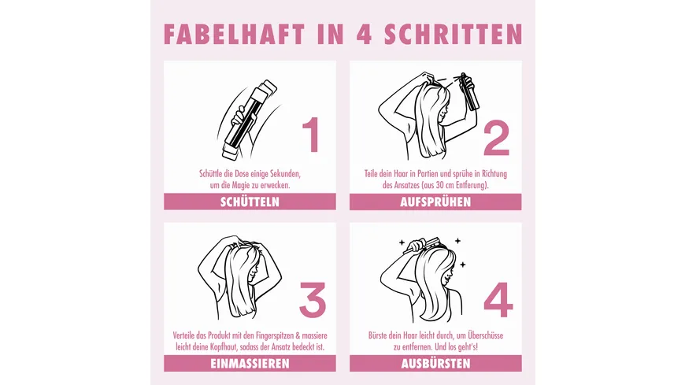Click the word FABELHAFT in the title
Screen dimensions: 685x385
(x=234, y=34)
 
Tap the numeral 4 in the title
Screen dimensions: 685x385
(x=365, y=34)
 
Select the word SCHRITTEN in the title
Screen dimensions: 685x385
(x=454, y=34)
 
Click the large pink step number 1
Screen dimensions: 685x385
(x=311, y=135)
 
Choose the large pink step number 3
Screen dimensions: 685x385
(x=313, y=300)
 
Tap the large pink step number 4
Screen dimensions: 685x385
(x=498, y=300)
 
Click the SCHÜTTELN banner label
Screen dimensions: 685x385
(x=250, y=202)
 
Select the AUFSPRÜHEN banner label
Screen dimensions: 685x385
(x=435, y=202)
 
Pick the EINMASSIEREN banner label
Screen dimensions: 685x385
(x=250, y=364)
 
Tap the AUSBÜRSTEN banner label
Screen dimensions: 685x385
(x=435, y=364)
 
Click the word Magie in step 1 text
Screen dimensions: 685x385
(x=241, y=185)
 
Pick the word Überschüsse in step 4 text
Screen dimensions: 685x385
(x=485, y=335)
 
